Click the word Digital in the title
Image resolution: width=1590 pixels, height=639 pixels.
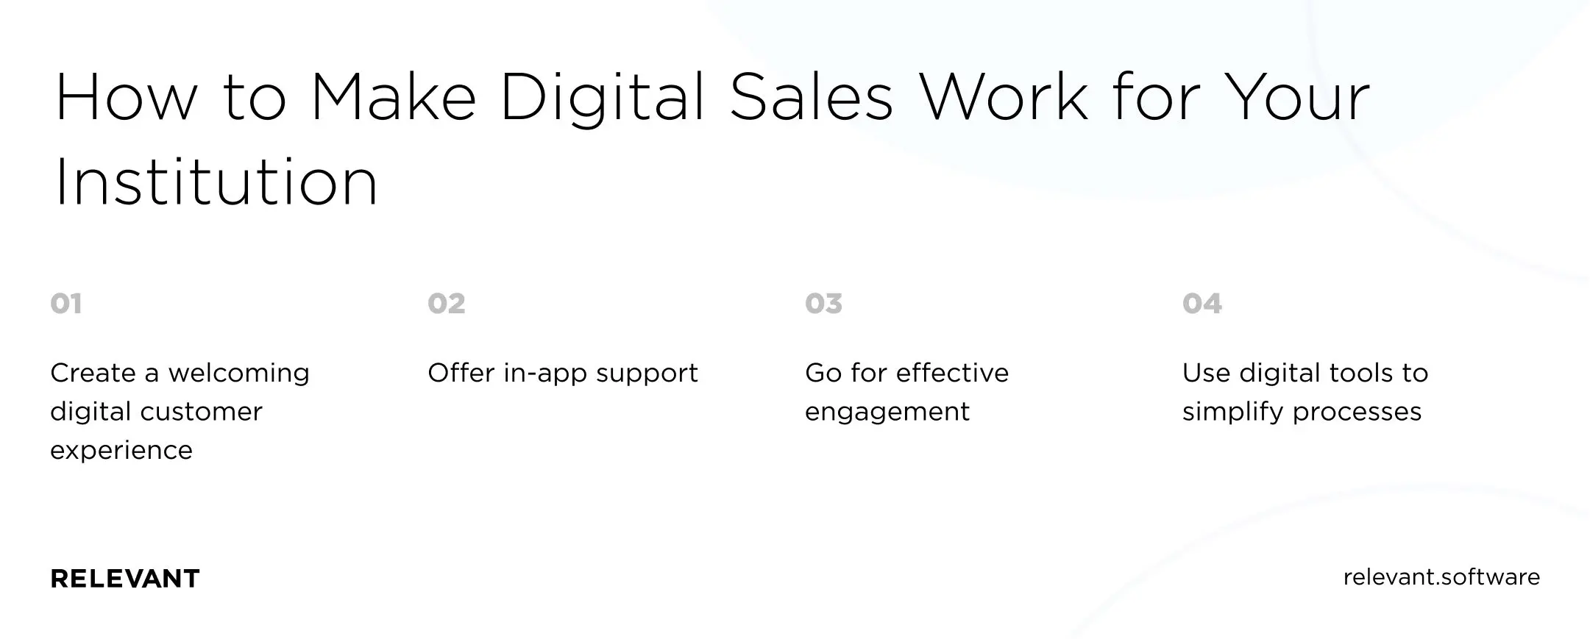(603, 100)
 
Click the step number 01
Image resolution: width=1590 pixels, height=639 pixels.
(66, 303)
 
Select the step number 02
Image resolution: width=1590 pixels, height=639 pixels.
(446, 303)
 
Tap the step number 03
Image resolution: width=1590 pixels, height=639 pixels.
(823, 303)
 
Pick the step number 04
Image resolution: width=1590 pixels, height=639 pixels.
(1202, 303)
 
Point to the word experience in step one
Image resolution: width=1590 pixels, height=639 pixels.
(121, 451)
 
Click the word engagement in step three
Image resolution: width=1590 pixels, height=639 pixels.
(887, 413)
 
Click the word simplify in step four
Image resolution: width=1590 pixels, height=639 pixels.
(1233, 412)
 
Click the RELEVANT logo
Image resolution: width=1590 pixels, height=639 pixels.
(125, 579)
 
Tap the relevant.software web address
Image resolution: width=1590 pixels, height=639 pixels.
(1441, 577)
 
